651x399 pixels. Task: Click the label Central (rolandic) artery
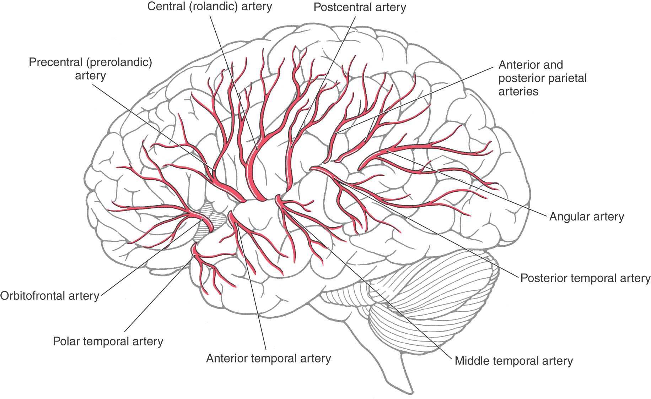(x=210, y=6)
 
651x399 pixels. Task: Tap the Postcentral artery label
(x=360, y=7)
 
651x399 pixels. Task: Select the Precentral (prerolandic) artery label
(x=90, y=69)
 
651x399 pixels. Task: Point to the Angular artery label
(x=586, y=217)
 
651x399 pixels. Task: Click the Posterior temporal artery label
(x=585, y=278)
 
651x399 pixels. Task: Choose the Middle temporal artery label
(x=514, y=361)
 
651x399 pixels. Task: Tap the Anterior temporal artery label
(x=268, y=359)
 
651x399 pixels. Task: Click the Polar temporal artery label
(x=108, y=341)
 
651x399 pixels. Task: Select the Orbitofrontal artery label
(x=50, y=296)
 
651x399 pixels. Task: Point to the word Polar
(x=66, y=341)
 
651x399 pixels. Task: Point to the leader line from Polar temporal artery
(x=156, y=295)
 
